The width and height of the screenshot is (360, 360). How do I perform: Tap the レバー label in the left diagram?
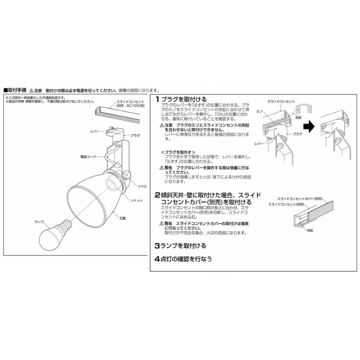[95, 131]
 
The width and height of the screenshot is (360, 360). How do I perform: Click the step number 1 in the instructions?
[158, 99]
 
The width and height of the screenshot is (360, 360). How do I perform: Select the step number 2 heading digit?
[158, 195]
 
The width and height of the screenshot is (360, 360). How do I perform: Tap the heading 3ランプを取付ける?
[180, 245]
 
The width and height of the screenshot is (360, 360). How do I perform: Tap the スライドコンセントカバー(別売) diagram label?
[300, 198]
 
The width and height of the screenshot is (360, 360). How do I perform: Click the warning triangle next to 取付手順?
[32, 90]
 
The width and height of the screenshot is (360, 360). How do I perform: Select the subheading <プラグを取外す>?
[178, 152]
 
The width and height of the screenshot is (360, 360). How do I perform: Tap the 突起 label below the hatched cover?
[310, 231]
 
